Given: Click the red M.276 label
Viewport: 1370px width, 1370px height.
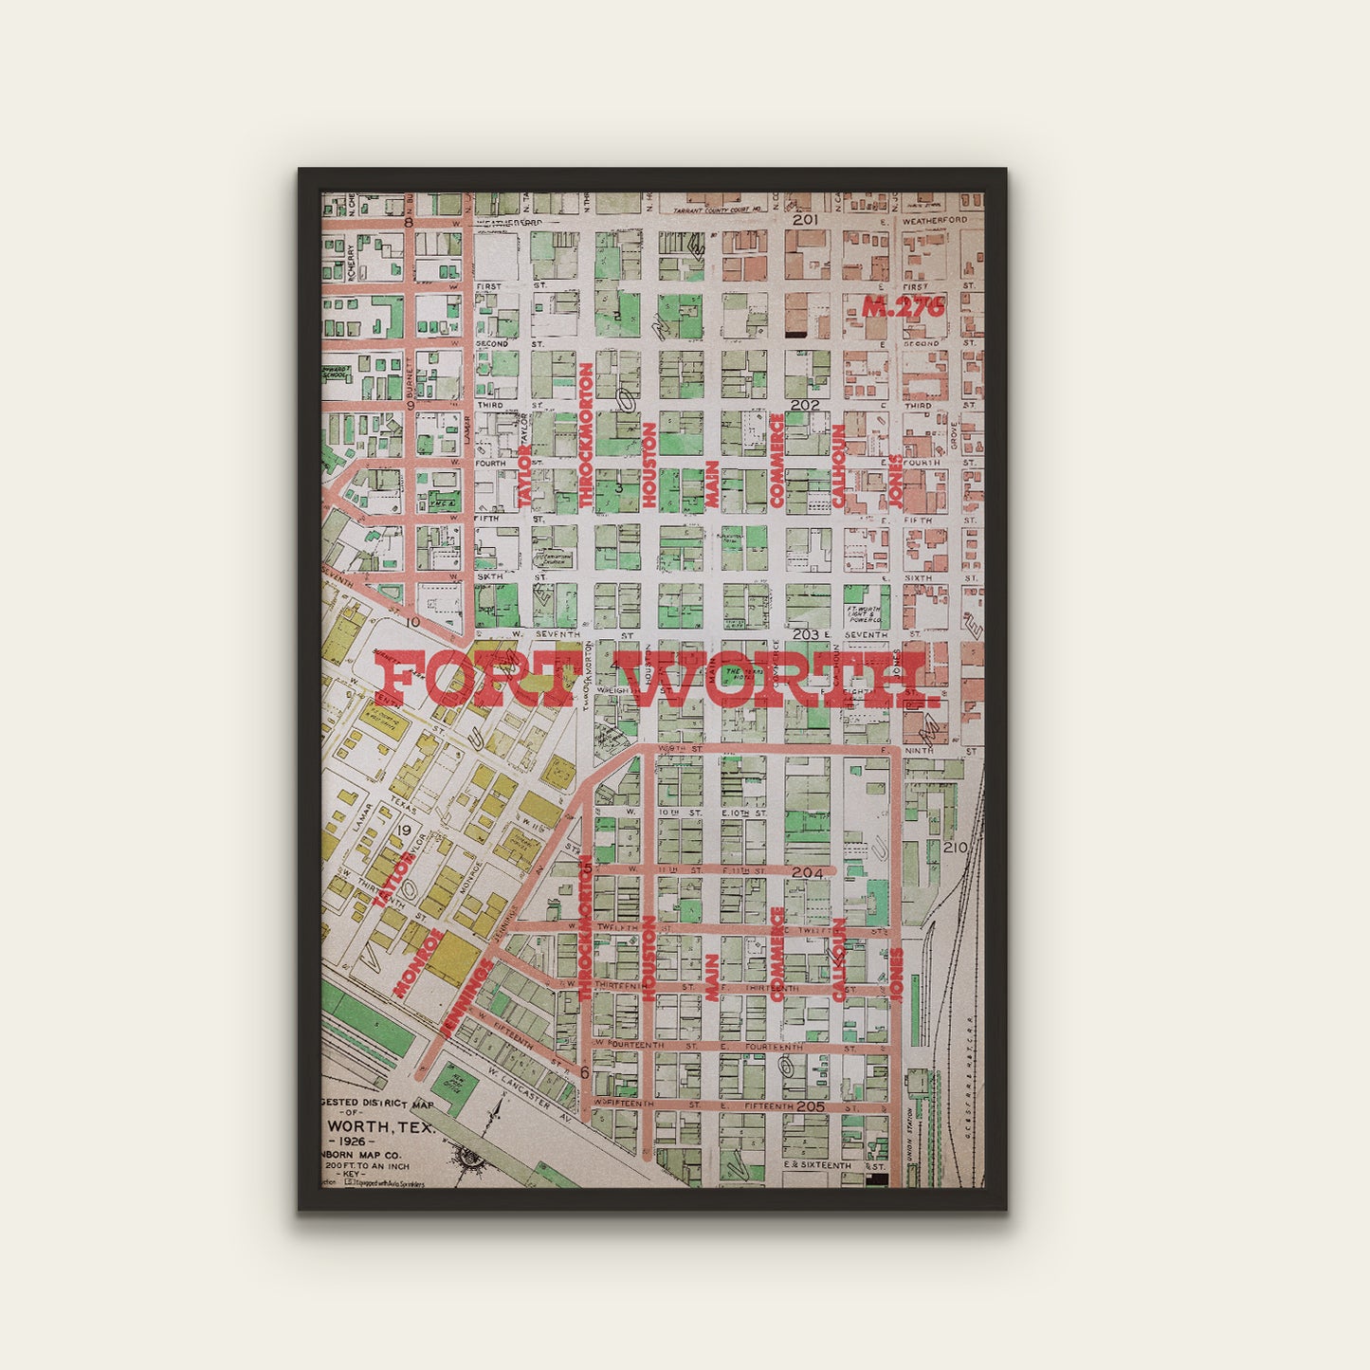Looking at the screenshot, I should click(904, 306).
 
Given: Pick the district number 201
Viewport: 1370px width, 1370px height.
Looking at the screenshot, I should click(805, 220).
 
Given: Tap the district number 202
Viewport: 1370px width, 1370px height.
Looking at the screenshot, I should click(805, 405).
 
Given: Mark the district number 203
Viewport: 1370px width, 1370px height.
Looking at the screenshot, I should click(805, 634).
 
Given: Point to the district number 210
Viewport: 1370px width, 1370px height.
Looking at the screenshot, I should click(955, 847).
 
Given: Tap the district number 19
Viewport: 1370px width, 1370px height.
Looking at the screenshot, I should click(405, 831).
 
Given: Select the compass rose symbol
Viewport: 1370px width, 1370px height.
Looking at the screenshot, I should click(469, 1157).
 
